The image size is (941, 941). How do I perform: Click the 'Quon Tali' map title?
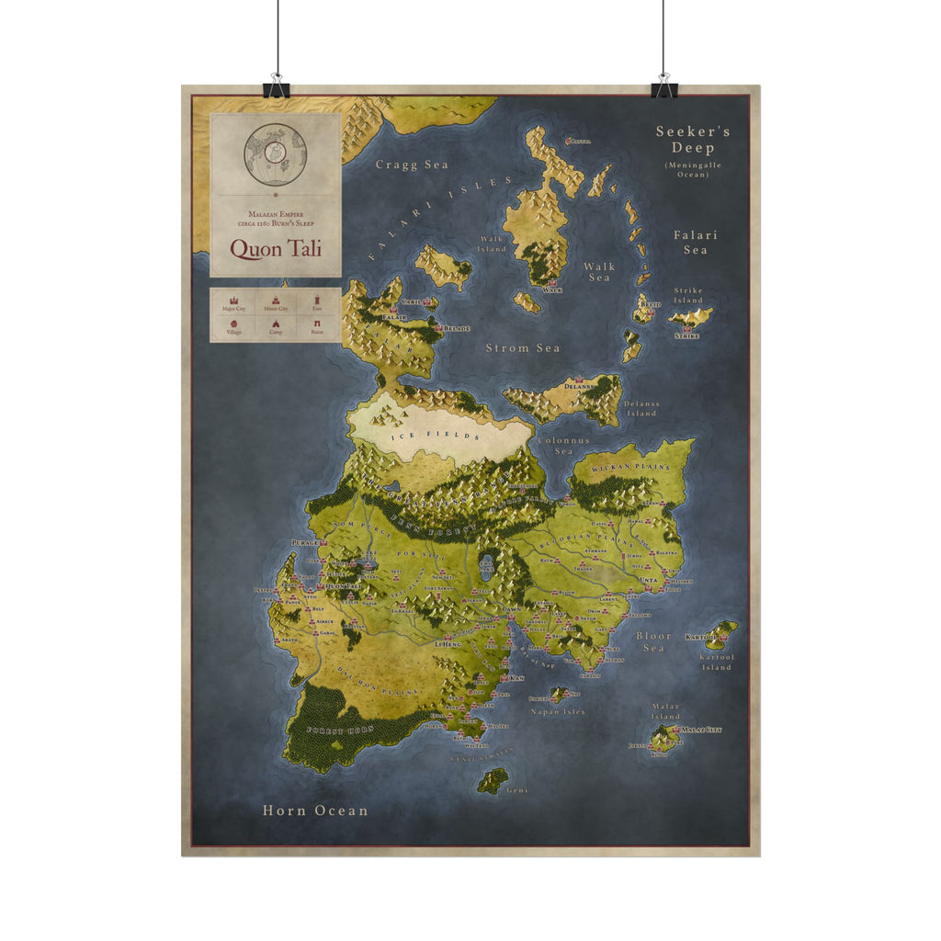276,248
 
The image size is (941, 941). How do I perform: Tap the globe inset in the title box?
275,154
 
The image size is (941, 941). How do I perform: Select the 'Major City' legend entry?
233,303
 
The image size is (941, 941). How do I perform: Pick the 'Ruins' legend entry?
317,326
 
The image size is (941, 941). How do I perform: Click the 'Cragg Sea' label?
412,164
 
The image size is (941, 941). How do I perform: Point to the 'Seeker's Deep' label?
693,140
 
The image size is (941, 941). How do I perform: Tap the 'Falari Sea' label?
696,242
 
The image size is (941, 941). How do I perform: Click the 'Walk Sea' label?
598,272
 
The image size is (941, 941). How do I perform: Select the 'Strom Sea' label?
523,348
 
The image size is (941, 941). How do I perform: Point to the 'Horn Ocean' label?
315,811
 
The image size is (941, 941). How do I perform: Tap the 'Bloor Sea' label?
653,641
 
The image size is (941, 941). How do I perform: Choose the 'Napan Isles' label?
558,711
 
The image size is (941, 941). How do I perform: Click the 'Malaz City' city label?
701,730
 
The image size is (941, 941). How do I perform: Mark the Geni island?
493,780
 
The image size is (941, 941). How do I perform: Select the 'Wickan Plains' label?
631,468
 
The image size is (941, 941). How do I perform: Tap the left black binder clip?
275,88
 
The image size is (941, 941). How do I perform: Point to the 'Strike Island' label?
688,295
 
